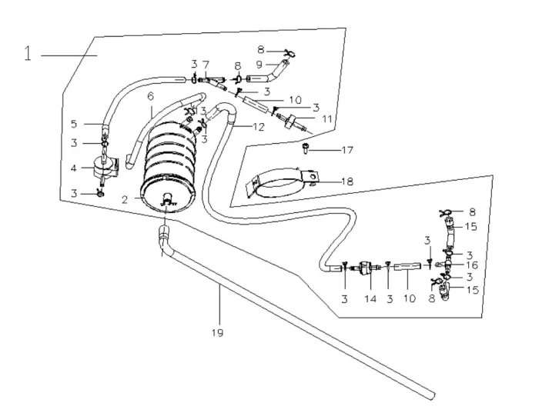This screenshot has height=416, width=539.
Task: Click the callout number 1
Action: [x=27, y=55]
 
